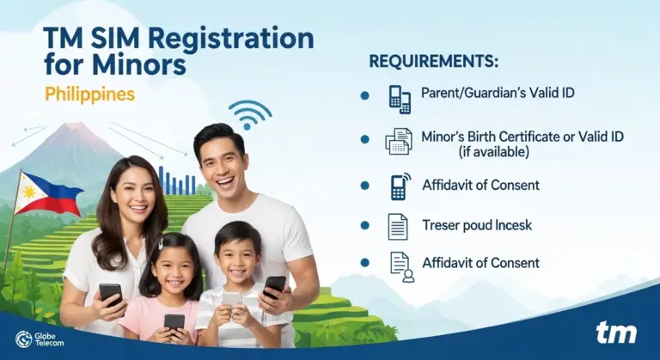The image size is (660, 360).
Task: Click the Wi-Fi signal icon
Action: tap(249, 113)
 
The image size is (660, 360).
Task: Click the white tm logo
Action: tap(616, 333)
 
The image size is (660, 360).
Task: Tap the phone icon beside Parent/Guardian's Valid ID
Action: tap(400, 98)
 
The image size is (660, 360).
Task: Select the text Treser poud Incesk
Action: tap(477, 225)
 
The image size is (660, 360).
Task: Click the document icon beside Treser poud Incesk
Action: tap(398, 227)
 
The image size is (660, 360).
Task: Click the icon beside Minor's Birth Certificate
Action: tap(399, 141)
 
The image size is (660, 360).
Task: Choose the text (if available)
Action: tap(492, 152)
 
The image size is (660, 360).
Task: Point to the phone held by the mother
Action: tap(110, 294)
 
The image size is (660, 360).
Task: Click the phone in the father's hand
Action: tap(274, 286)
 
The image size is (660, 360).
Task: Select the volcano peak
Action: tap(76, 129)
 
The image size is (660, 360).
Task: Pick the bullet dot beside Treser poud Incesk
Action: tap(365, 225)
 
